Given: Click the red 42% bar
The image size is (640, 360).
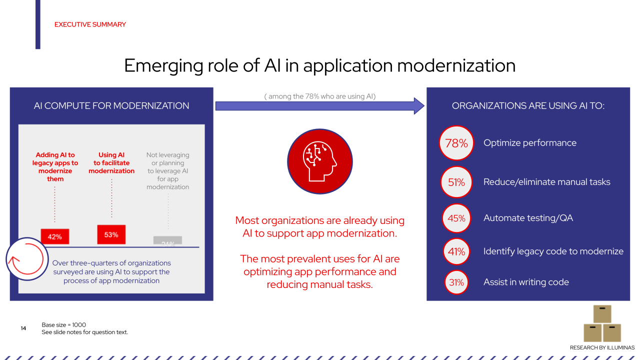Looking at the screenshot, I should click(55, 236).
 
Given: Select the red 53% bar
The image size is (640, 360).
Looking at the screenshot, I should click(111, 234).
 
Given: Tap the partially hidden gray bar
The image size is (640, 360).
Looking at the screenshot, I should click(167, 240).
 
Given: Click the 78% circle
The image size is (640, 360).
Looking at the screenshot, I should click(456, 143).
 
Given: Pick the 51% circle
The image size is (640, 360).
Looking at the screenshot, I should click(456, 182).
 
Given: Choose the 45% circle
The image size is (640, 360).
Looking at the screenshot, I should click(456, 218).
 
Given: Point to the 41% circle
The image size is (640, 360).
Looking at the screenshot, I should click(456, 251).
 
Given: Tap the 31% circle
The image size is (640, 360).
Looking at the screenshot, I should click(456, 282).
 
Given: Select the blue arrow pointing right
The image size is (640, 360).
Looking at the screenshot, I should click(319, 105).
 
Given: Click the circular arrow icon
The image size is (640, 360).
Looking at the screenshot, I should click(27, 259).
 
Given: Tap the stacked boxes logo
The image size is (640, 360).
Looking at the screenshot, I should click(602, 323).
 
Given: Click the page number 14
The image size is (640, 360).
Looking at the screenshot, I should click(23, 328).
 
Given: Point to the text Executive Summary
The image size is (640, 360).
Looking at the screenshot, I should click(90, 24).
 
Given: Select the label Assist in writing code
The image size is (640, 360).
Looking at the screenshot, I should click(526, 282).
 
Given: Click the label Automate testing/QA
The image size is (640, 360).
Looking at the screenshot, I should click(528, 218).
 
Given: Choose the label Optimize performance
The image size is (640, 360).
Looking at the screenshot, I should click(530, 143).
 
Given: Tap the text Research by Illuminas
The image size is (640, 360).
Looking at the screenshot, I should click(602, 347).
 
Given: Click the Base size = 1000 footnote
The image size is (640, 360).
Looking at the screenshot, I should click(64, 325).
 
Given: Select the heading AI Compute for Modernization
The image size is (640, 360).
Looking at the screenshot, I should click(111, 106).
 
